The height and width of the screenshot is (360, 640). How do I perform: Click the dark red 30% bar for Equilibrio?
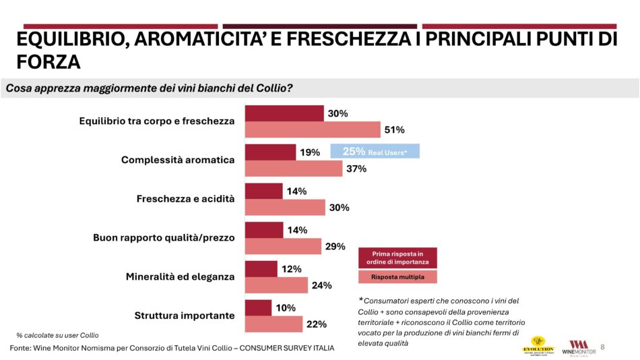(284, 113)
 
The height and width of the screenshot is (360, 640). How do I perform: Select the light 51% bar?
(313, 129)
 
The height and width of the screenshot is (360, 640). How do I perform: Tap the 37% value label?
(356, 169)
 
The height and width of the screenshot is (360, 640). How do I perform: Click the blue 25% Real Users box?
(375, 152)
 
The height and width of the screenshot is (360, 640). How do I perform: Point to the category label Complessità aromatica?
(178, 160)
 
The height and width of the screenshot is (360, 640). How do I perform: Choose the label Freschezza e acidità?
(185, 199)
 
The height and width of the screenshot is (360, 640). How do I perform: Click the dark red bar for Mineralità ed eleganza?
(261, 269)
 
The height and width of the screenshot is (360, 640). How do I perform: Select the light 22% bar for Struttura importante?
(274, 324)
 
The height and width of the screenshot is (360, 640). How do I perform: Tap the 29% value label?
(335, 247)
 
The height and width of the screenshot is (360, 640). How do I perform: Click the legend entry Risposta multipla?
(397, 277)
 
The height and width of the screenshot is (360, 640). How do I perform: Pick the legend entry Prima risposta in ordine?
(397, 258)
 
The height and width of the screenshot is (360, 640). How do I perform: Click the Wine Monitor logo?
(579, 347)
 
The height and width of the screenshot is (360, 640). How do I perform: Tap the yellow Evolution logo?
(539, 345)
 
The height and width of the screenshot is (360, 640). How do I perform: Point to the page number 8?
(602, 347)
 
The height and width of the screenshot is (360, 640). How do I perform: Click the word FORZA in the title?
(48, 63)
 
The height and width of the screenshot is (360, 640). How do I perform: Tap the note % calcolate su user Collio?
(57, 335)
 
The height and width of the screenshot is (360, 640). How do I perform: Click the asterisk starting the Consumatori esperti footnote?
(360, 299)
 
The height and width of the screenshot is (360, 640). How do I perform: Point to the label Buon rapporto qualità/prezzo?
(163, 238)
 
